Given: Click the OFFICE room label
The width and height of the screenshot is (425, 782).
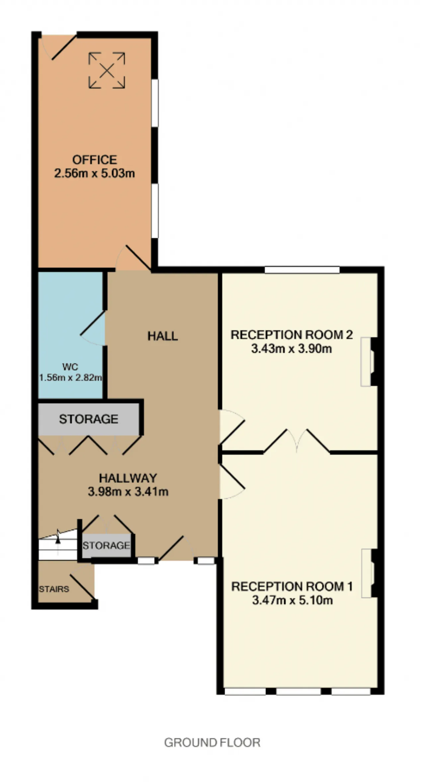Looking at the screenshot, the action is coord(95,160).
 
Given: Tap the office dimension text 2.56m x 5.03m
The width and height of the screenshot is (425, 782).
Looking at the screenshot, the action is coord(95,173).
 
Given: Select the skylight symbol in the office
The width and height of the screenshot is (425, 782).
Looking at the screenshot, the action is coord(107,70).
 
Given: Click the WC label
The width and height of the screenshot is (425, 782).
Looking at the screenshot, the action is coord(70,367).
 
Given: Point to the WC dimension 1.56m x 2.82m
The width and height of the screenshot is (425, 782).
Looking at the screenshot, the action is coord(70,378).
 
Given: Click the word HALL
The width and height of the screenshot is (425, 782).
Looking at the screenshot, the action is coord(163,336).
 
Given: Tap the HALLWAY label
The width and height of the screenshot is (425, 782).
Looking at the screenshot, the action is coord(128,478).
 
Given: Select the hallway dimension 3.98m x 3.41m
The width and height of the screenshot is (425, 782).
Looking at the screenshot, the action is coord(128,492).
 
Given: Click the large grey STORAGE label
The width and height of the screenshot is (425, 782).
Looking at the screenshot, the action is coord(89,419).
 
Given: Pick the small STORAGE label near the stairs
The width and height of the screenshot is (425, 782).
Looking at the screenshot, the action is coord(106,545).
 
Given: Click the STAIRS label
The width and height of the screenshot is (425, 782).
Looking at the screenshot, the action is coord(54,589).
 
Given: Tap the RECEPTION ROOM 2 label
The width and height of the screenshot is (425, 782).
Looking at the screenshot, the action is coord(292,335).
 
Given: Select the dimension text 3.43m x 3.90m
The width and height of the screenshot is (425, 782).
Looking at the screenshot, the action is coord(292,349).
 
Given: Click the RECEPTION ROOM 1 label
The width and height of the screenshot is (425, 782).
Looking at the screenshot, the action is coord(292,586).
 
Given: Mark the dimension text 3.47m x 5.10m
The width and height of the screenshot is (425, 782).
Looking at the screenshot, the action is coord(293,600).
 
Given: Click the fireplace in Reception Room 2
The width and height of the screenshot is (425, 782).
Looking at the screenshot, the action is coord(369,362).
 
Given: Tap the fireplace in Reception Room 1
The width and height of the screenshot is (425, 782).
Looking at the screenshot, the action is coord(370,573).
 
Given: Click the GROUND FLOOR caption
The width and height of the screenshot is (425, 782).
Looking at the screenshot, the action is coord(212,742).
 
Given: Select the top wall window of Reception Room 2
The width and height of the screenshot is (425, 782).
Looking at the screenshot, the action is coord(302,270).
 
